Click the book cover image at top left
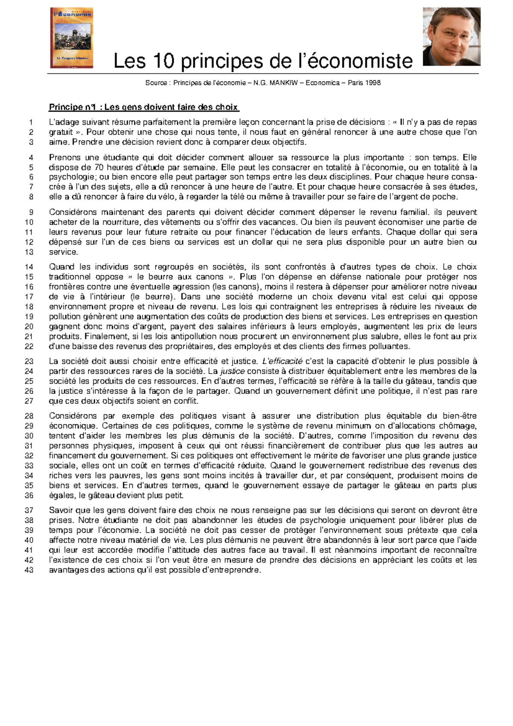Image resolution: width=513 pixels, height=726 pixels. coord(71,38)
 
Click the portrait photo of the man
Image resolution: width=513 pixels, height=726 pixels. coord(451,36)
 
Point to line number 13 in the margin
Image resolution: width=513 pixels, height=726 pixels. coord(29,252)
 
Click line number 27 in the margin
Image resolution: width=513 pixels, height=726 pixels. coord(29,401)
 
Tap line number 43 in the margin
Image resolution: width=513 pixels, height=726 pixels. coord(29,570)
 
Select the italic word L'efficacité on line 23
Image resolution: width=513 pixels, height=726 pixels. coord(282,361)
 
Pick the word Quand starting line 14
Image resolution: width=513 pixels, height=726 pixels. coord(61,267)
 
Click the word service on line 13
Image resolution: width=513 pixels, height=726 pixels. coord(62,252)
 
